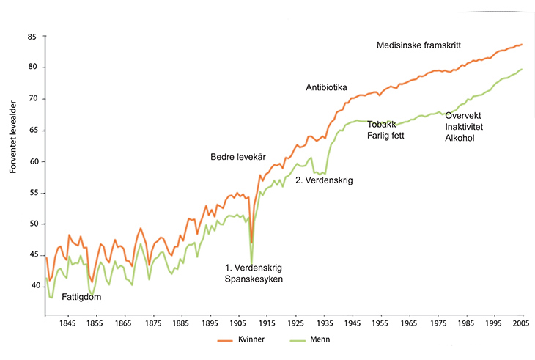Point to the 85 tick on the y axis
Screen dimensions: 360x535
(32, 37)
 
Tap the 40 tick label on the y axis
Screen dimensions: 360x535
(32, 286)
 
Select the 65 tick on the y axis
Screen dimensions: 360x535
(32, 131)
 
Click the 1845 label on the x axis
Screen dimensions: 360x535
(67, 323)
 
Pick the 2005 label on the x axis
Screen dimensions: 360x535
(521, 323)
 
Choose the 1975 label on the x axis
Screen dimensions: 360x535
(437, 323)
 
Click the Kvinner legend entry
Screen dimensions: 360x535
(245, 340)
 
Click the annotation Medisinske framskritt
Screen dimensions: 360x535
(418, 45)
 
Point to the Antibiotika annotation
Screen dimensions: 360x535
(326, 88)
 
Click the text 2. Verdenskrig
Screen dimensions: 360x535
(324, 179)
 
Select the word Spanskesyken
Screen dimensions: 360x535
(254, 279)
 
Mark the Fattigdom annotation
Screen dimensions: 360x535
(81, 297)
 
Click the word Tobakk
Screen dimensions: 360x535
(381, 124)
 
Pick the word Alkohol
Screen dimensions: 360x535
(460, 139)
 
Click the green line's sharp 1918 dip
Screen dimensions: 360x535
(251, 263)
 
